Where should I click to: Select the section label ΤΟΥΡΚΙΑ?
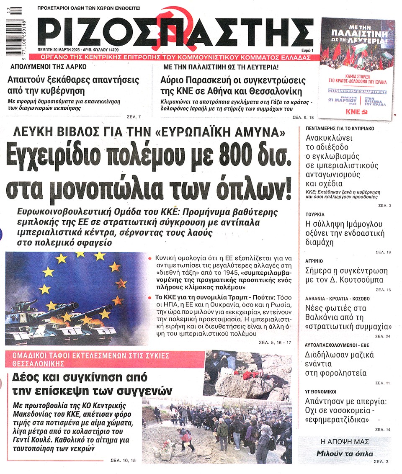315,215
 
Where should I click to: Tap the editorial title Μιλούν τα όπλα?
344,453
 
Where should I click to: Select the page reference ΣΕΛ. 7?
134,116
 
